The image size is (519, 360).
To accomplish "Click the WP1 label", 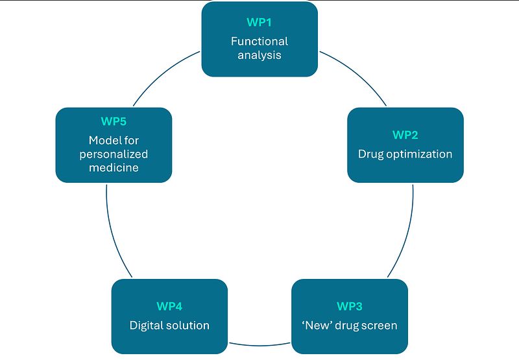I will point(259,22).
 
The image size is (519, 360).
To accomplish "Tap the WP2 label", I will point(405,135).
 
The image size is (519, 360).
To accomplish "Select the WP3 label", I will point(349,306).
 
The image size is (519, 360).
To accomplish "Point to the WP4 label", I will point(169,306).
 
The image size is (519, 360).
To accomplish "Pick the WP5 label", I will point(114,121).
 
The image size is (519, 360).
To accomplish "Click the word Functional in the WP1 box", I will point(259,41).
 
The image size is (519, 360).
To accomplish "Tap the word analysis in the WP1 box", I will point(259,55).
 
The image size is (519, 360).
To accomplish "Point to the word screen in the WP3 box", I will point(380,325).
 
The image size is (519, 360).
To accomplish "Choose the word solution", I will point(188,325).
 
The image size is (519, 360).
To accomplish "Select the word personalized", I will point(114,154).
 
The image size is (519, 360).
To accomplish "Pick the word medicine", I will point(114,168).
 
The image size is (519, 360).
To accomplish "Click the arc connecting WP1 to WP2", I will point(357,78).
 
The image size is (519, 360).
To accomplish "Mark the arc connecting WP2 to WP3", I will point(407,234).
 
